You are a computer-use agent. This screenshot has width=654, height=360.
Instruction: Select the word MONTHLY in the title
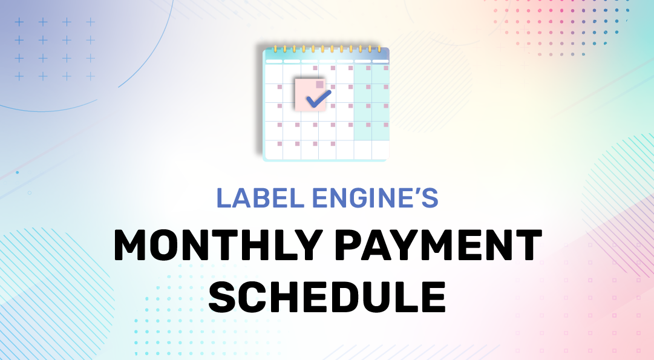click(x=218, y=245)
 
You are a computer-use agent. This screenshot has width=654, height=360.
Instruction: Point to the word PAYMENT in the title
click(x=439, y=245)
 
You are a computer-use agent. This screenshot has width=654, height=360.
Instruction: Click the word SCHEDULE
click(x=327, y=296)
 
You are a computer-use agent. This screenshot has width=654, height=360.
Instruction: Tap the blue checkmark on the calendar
click(x=319, y=98)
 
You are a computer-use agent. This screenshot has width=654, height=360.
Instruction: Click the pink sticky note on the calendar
click(x=310, y=95)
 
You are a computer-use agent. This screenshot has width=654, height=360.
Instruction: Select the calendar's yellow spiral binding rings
click(x=327, y=49)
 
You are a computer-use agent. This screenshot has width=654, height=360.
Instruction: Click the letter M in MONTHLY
click(x=132, y=245)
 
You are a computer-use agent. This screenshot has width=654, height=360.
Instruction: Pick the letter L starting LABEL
click(x=224, y=198)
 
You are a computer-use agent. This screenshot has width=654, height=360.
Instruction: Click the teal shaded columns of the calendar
click(x=371, y=102)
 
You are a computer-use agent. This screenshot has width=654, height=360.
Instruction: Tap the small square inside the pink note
click(x=320, y=84)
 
